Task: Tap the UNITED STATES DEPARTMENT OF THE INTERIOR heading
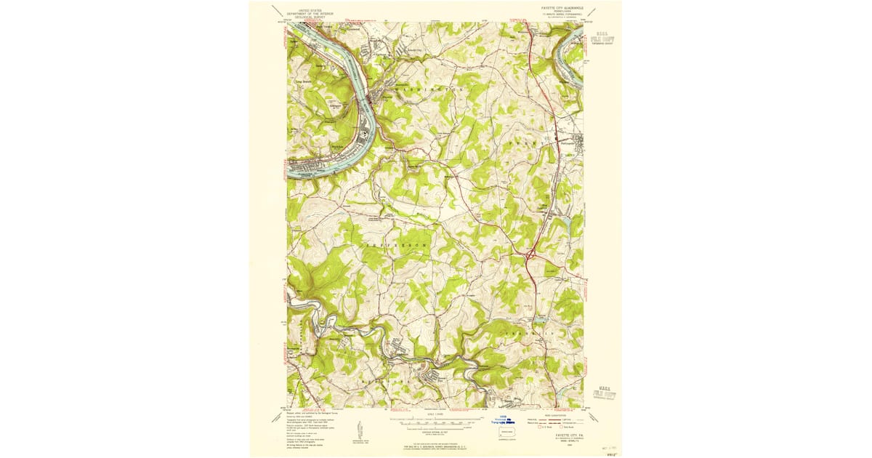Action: pos(308,10)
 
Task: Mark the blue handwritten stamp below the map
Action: pos(508,419)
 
